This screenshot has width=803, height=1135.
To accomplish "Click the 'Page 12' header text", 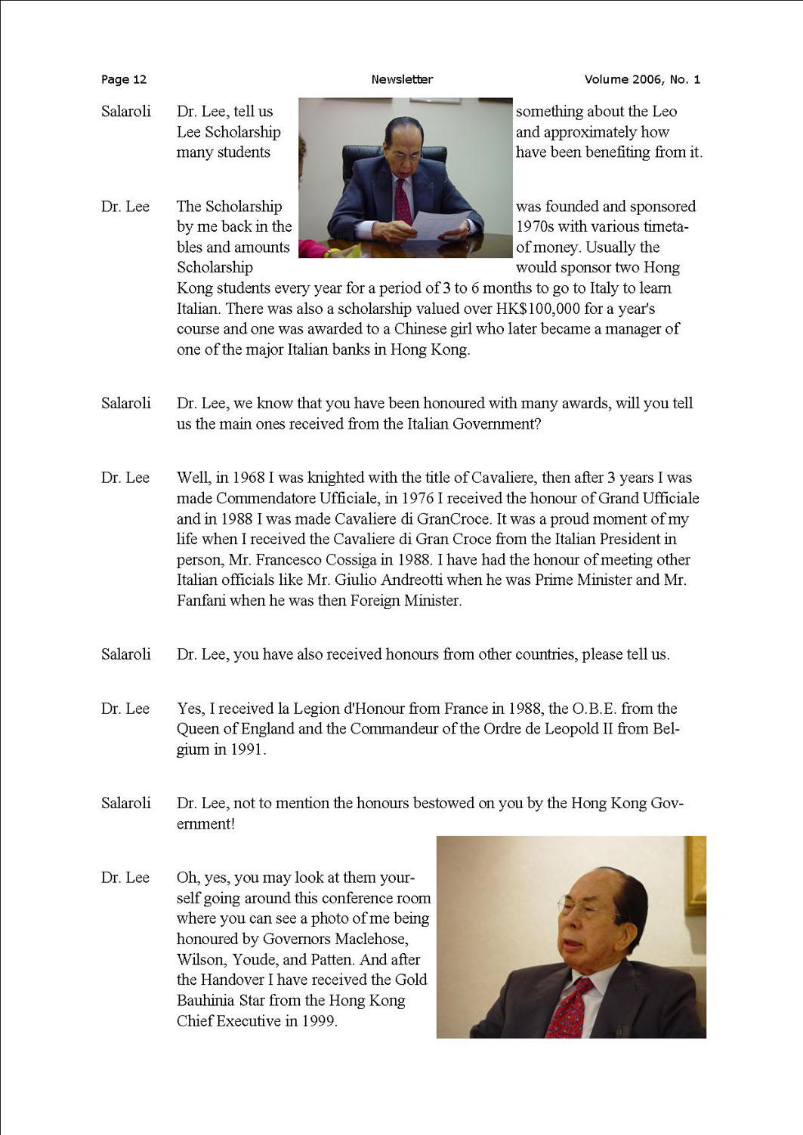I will [124, 79].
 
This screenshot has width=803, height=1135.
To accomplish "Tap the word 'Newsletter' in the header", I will [402, 79].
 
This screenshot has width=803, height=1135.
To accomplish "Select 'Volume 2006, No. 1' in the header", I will [642, 79].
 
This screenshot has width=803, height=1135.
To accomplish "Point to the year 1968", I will [249, 478].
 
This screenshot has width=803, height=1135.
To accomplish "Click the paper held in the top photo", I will [440, 224].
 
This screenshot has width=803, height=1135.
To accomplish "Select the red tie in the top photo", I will [403, 199].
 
